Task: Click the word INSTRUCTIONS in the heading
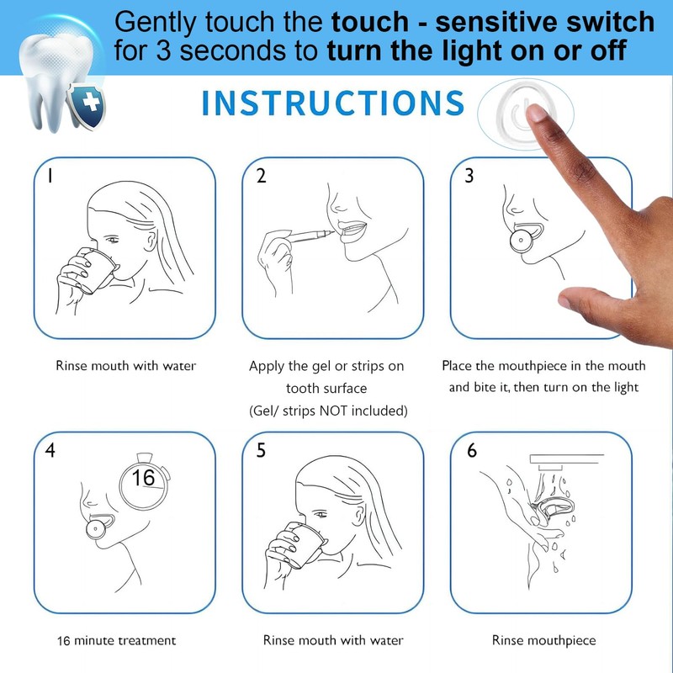pyautogui.click(x=333, y=103)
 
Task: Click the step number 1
pyautogui.click(x=50, y=176)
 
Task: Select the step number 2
pyautogui.click(x=261, y=176)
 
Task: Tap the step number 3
pyautogui.click(x=469, y=176)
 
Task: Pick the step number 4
pyautogui.click(x=51, y=450)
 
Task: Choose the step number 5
pyautogui.click(x=261, y=450)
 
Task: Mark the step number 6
pyautogui.click(x=471, y=450)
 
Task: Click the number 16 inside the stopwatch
pyautogui.click(x=143, y=478)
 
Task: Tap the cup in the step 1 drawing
pyautogui.click(x=97, y=268)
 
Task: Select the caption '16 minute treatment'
pyautogui.click(x=105, y=641)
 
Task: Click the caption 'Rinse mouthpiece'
pyautogui.click(x=543, y=641)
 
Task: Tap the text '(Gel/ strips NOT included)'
pyautogui.click(x=327, y=411)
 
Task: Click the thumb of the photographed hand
pyautogui.click(x=593, y=298)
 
